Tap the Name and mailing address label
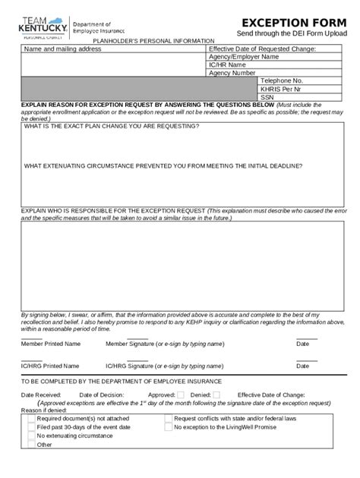[62, 49]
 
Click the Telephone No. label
[282, 80]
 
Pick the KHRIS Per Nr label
[282, 89]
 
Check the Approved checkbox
[181, 395]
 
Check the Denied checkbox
[216, 395]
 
